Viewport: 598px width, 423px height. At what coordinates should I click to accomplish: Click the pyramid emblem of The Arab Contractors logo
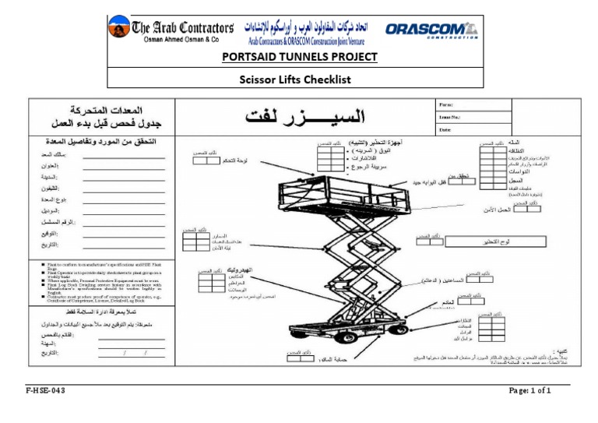point(119,29)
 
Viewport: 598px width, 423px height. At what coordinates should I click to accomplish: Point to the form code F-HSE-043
point(46,391)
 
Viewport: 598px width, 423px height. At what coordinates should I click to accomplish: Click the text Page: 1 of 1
point(529,391)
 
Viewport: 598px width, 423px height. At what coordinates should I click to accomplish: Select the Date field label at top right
point(445,129)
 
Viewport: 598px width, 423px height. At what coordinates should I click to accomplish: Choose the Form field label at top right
point(446,104)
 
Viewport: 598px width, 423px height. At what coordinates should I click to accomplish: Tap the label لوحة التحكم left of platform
point(235,160)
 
